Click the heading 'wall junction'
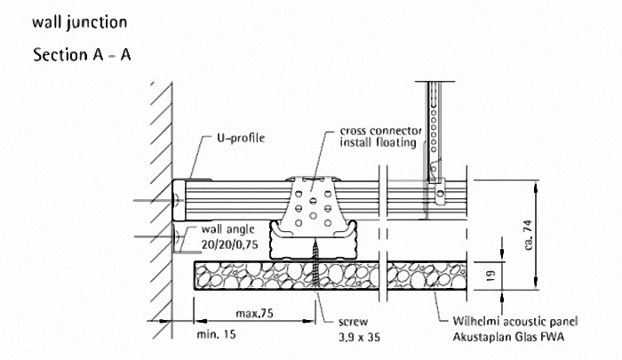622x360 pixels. click(x=78, y=20)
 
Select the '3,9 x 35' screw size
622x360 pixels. click(x=360, y=337)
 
